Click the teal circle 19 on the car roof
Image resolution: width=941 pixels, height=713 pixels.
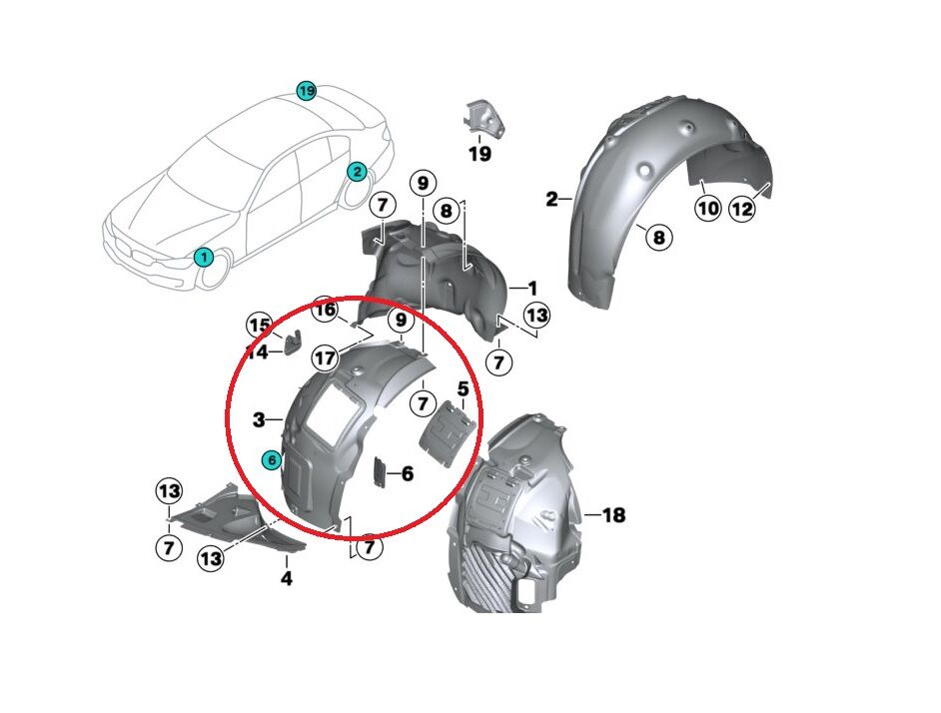(x=307, y=91)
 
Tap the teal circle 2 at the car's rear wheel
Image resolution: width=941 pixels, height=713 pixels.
(x=357, y=172)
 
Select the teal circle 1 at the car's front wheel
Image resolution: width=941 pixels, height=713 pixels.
(x=203, y=257)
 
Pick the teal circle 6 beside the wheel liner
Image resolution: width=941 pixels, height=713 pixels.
(x=270, y=460)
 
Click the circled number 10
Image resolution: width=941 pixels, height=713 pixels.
(x=707, y=209)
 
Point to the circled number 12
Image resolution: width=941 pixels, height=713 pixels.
(x=742, y=209)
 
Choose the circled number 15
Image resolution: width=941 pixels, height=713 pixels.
(x=260, y=325)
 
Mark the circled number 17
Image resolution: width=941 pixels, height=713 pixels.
(x=325, y=356)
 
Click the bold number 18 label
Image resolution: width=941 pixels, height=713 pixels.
(x=612, y=515)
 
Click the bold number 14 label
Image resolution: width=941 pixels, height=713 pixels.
(x=257, y=353)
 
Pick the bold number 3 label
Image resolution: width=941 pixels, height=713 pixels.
(x=259, y=420)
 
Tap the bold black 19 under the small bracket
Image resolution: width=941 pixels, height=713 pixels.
(x=479, y=154)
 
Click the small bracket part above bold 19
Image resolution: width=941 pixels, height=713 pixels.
(x=481, y=116)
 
